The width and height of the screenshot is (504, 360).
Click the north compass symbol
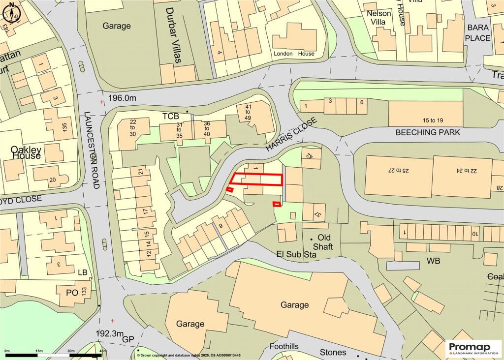(x=12, y=14)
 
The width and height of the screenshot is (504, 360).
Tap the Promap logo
(x=473, y=348)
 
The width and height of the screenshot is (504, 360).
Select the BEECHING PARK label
(x=428, y=132)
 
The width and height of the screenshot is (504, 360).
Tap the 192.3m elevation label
(x=110, y=333)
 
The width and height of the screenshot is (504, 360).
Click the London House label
(x=293, y=54)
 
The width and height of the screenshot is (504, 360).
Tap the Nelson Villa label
(x=378, y=18)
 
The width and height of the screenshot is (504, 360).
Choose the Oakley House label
(x=26, y=152)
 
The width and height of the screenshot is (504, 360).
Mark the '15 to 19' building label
(x=426, y=120)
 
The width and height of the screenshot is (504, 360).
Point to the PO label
(x=72, y=292)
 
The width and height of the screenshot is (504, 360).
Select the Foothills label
(x=284, y=347)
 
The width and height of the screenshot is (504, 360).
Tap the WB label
(x=433, y=260)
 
